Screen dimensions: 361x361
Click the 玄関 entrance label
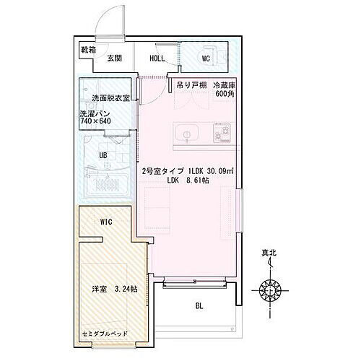116,59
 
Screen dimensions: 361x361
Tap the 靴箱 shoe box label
88,51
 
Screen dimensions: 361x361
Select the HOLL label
158,59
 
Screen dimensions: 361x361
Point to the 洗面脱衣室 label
110,98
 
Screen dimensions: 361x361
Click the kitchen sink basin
183,134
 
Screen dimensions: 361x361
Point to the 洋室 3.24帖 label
110,289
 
